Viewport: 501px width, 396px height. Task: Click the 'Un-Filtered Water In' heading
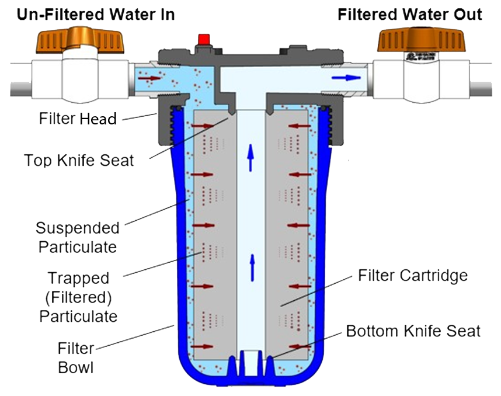click(x=96, y=15)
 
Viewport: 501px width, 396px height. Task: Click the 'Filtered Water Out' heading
click(x=410, y=15)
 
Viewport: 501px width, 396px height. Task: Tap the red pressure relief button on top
click(x=204, y=40)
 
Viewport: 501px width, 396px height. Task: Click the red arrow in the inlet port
click(x=153, y=77)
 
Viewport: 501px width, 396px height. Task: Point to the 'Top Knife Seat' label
click(x=79, y=159)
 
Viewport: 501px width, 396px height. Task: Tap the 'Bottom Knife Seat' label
click(x=413, y=331)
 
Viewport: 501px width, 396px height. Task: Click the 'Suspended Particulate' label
click(x=78, y=237)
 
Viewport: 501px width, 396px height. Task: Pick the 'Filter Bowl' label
click(x=76, y=358)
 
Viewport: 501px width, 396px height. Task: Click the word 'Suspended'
click(x=78, y=228)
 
